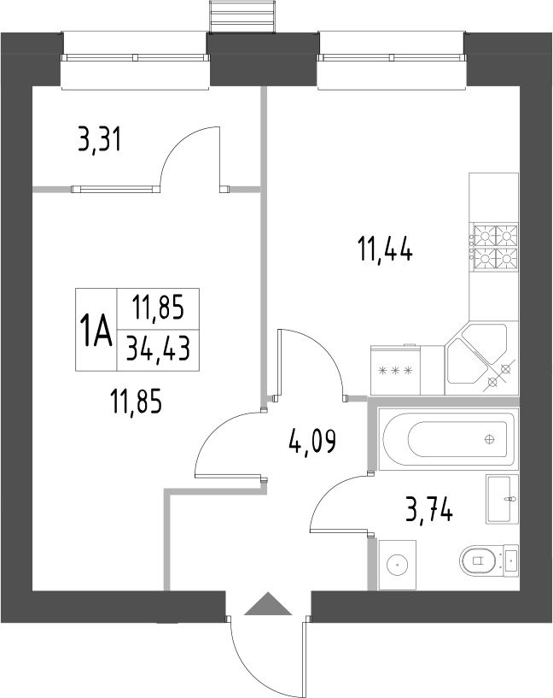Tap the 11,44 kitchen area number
385,251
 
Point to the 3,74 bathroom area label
429,511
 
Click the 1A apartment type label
96,330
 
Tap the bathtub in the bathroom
448,440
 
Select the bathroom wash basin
502,498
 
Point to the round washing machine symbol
396,565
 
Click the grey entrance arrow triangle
267,605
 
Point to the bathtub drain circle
489,440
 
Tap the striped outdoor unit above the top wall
243,15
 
